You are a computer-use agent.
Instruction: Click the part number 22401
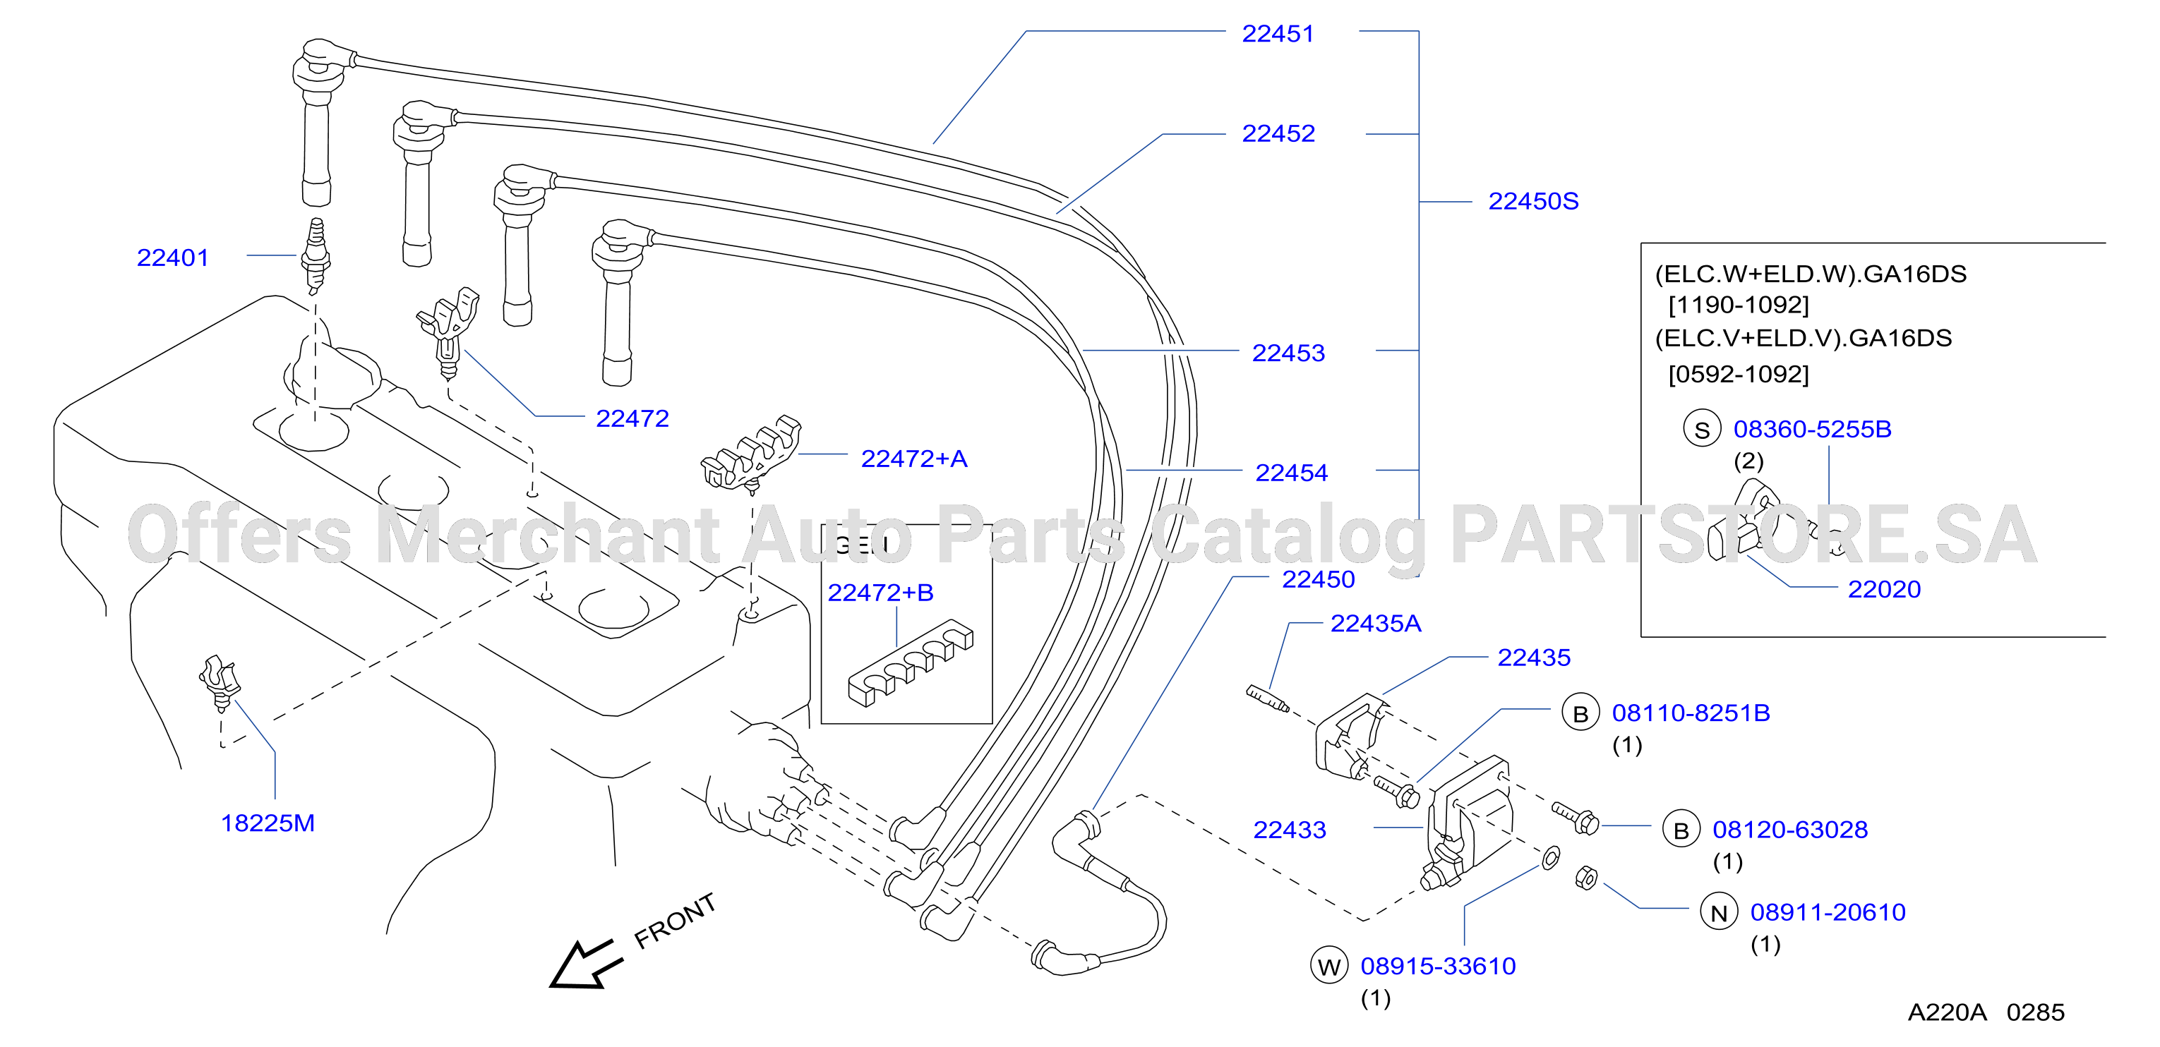coord(173,258)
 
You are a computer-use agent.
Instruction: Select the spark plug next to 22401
coord(316,255)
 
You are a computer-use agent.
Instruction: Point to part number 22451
coord(1278,34)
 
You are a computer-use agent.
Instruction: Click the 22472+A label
coord(914,459)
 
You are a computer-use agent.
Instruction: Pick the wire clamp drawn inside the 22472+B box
coord(910,662)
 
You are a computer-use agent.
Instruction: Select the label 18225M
coord(268,823)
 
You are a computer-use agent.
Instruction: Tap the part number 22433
coord(1290,830)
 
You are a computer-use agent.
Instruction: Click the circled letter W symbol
coord(1329,966)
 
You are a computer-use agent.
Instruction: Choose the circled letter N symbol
coord(1719,912)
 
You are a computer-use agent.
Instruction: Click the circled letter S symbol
coord(1702,429)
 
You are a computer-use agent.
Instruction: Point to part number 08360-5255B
coord(1812,429)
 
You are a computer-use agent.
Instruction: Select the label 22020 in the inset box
coord(1884,589)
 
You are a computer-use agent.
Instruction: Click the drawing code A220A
coord(1947,1012)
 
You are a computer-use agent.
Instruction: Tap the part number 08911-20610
coord(1828,912)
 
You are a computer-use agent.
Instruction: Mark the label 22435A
coord(1376,624)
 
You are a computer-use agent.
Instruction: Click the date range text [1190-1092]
coord(1738,304)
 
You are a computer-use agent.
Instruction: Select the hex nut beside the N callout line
coord(1586,878)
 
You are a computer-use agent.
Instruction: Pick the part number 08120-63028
coord(1790,830)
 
